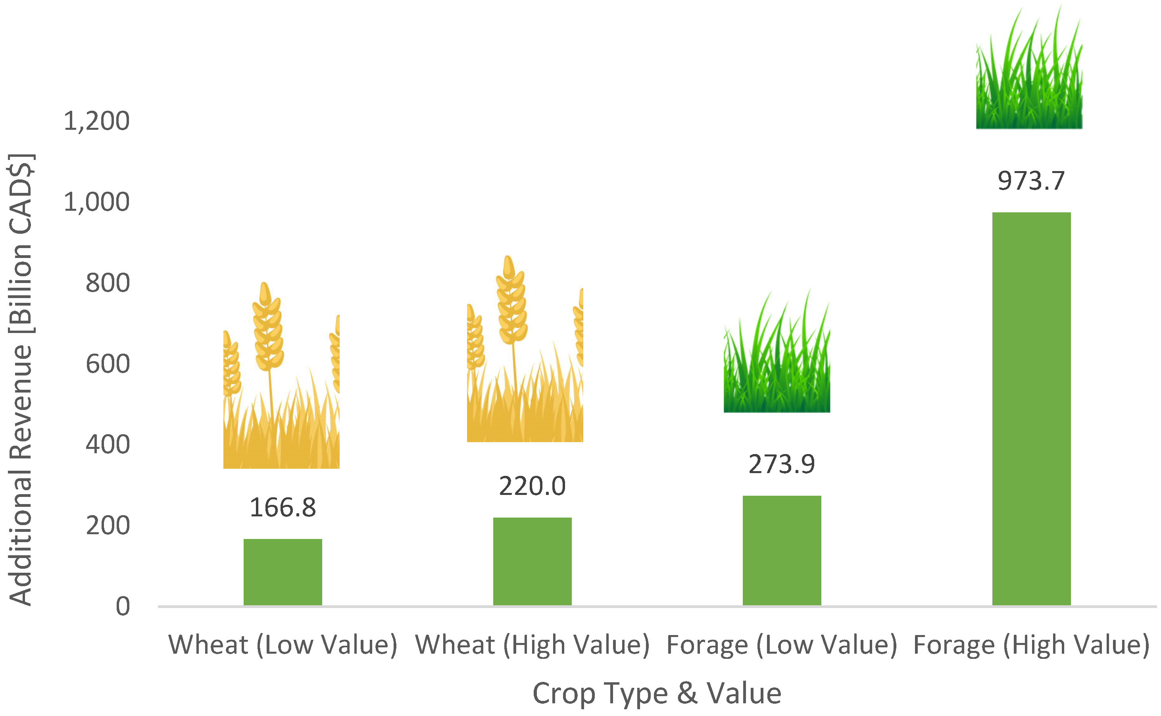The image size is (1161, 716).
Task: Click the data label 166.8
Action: (x=283, y=508)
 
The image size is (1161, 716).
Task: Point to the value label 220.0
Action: (x=532, y=486)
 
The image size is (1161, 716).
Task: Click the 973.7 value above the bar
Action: (x=1031, y=181)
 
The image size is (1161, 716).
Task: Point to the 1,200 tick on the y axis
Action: (x=96, y=121)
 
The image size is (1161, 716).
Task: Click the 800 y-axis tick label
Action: (x=108, y=283)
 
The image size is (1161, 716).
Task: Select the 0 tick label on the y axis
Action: (x=123, y=606)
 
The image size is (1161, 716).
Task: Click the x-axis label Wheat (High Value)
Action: (x=532, y=645)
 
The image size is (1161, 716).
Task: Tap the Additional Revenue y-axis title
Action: (x=20, y=379)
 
